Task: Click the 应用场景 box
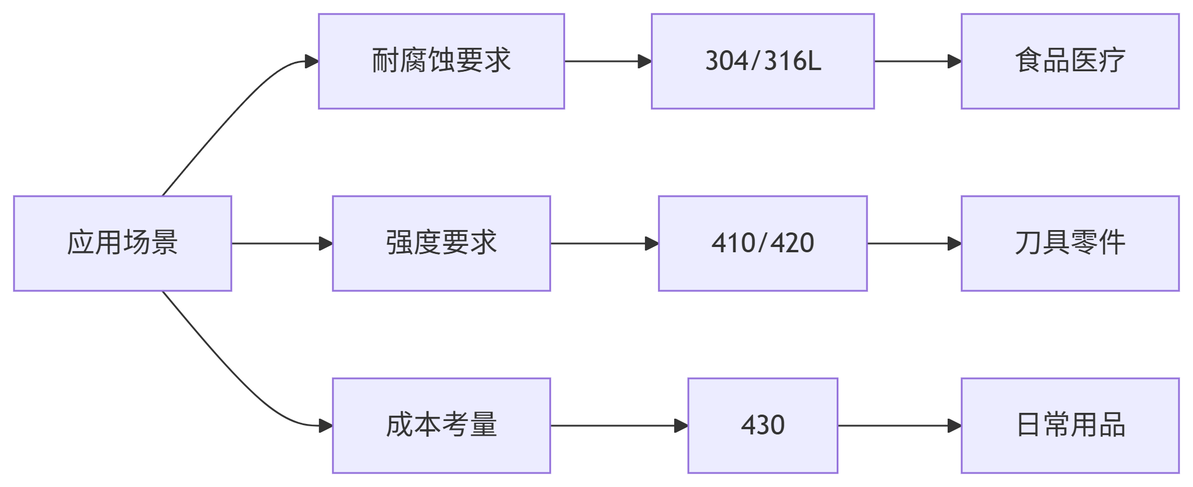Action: coord(123,243)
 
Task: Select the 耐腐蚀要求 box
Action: coord(441,61)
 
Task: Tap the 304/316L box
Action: coord(762,61)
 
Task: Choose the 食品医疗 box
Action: coord(1070,61)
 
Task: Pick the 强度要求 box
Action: coord(441,243)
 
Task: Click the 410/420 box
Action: coord(762,243)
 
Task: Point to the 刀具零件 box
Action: coord(1070,243)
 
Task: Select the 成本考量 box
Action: coord(441,426)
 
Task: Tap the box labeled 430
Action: coord(762,426)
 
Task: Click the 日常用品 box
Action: coord(1070,426)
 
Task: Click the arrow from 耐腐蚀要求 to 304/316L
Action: coord(608,61)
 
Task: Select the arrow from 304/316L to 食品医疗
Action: coord(917,61)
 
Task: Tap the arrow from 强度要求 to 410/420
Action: coord(604,243)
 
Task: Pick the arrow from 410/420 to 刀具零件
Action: coord(914,243)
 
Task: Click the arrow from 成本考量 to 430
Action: coord(619,426)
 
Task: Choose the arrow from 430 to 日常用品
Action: coord(899,426)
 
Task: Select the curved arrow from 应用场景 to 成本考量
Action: coord(234,377)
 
